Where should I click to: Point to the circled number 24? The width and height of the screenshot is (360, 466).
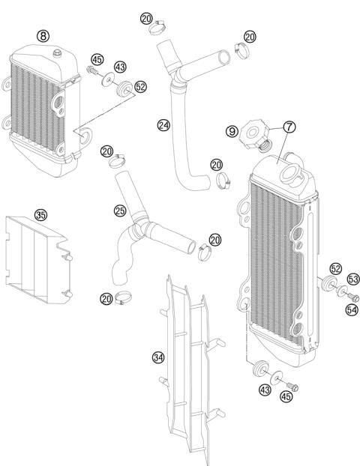[x=163, y=124]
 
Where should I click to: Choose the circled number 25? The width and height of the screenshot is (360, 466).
[x=118, y=211]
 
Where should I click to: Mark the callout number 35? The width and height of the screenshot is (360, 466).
[x=40, y=214]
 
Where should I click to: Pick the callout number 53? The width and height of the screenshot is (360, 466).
[x=352, y=279]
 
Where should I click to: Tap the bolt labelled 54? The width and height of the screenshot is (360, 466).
[x=355, y=297]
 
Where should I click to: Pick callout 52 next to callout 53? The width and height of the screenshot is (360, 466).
[x=335, y=268]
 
